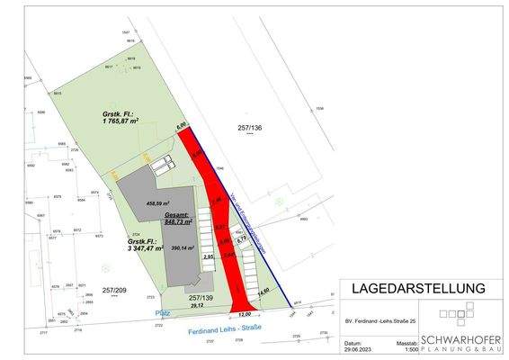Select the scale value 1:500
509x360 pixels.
click(408, 349)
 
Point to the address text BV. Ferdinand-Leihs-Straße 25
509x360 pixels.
click(380, 319)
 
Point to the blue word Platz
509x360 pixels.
click(163, 312)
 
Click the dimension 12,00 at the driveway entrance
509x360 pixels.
click(244, 313)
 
